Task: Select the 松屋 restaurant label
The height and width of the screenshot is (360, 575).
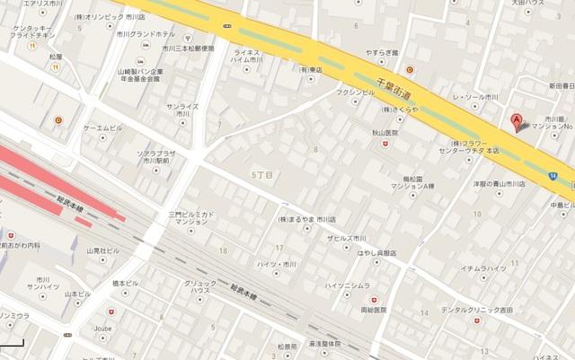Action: [x=56, y=57]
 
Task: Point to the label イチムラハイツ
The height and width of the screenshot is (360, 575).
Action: [x=484, y=268]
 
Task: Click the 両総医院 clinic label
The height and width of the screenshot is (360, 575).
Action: [x=373, y=310]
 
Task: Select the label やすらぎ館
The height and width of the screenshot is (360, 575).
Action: [x=381, y=53]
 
